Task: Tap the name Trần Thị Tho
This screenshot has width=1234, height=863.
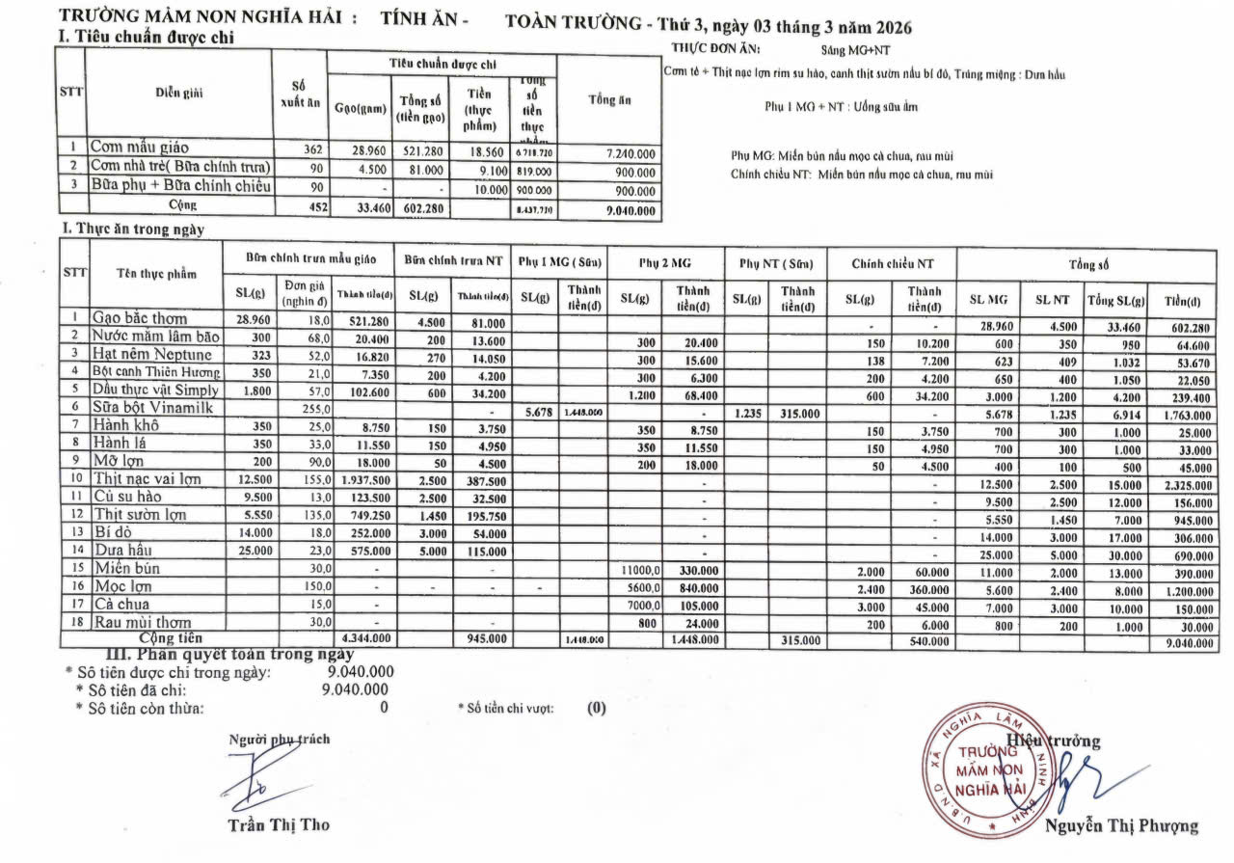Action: click(x=279, y=824)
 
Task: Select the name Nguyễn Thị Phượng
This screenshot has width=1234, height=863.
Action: click(x=1121, y=825)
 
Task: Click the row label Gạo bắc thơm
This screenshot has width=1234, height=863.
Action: click(x=140, y=317)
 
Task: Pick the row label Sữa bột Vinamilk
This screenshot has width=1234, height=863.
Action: click(x=150, y=407)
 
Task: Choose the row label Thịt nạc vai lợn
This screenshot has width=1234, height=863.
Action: click(x=148, y=477)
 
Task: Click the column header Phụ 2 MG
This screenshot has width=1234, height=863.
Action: click(x=665, y=263)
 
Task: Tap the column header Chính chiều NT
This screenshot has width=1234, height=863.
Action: click(x=893, y=263)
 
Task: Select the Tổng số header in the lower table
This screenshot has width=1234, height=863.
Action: click(x=1087, y=263)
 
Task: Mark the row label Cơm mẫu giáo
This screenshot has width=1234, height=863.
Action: click(x=140, y=148)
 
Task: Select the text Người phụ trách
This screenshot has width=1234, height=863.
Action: click(x=279, y=740)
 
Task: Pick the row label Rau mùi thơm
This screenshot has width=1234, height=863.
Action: click(x=142, y=622)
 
